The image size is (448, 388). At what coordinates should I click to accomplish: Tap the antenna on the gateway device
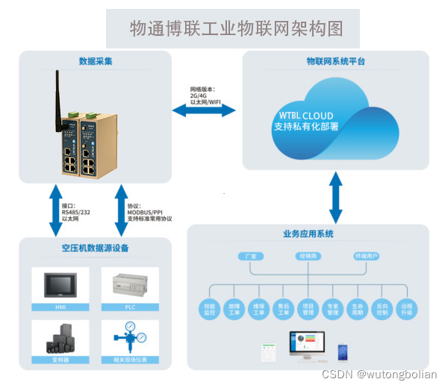tap(57, 93)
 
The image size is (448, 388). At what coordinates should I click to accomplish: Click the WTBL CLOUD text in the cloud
tap(306, 116)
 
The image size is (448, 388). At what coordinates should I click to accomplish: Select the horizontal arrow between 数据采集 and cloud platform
tap(204, 110)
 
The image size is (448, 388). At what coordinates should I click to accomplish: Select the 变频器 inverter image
tap(60, 339)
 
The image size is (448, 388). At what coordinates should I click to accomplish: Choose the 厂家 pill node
tap(251, 256)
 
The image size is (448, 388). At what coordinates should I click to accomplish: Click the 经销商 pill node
tap(308, 256)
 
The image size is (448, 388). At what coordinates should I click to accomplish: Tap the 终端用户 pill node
tap(365, 256)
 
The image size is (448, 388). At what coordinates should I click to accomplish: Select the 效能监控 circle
tap(209, 308)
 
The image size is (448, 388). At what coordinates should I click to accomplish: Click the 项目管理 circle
tap(308, 308)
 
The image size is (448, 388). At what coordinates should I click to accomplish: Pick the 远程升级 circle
tap(406, 308)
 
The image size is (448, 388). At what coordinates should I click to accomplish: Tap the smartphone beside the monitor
tap(343, 350)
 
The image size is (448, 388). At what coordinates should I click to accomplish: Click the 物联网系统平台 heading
tap(335, 61)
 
